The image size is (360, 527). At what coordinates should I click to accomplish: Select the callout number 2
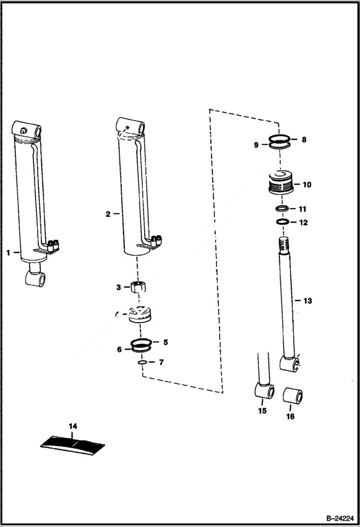(108, 214)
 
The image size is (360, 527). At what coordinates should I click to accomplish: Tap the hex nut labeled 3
(138, 287)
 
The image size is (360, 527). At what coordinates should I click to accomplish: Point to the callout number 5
(165, 342)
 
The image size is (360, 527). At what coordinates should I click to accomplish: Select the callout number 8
(304, 140)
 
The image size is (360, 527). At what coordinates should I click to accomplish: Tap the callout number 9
(257, 144)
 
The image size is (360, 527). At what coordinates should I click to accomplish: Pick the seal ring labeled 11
(282, 209)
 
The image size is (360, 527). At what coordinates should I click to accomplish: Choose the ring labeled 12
(282, 222)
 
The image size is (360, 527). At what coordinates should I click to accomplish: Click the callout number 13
(307, 301)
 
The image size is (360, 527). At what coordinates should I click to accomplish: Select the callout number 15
(262, 411)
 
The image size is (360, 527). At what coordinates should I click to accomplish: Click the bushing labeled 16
(292, 397)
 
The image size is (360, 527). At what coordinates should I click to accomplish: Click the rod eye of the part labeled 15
(264, 391)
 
